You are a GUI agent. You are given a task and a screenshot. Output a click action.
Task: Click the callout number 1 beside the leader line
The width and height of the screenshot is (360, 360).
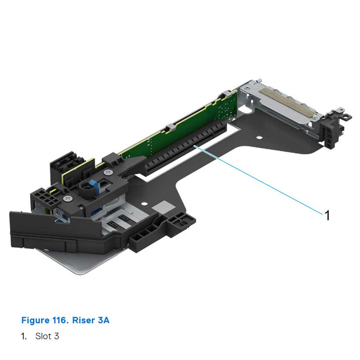tap(327, 216)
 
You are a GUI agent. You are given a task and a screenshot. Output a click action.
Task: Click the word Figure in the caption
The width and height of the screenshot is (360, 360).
tap(35, 320)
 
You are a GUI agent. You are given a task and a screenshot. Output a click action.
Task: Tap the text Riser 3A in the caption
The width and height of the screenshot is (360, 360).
tap(92, 320)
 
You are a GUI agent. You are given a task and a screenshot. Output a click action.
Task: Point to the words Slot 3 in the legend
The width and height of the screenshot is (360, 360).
tap(47, 336)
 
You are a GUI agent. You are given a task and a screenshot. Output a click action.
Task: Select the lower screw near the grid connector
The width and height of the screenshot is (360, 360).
tap(68, 198)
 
